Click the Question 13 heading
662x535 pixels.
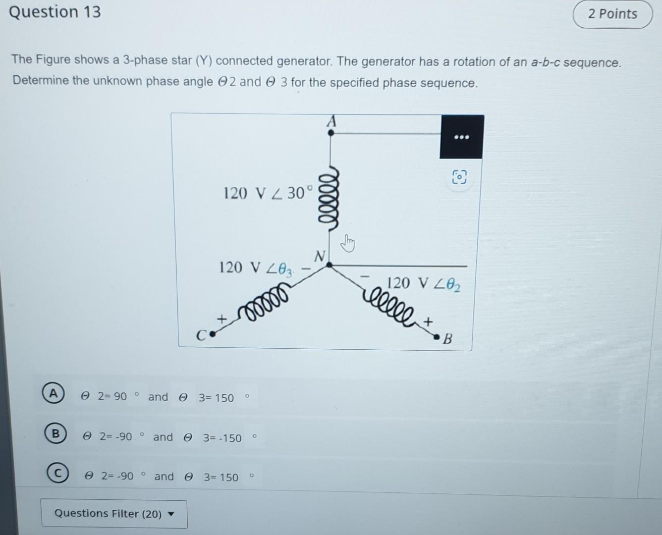pos(55,11)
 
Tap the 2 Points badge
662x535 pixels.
pos(612,14)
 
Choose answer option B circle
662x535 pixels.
pos(55,434)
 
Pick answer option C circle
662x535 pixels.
pos(57,474)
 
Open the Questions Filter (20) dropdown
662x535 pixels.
pos(114,513)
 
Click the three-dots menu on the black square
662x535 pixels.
pos(461,137)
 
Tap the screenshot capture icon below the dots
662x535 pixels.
pos(459,177)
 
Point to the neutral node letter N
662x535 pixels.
pos(320,256)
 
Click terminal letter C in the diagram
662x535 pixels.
pos(201,336)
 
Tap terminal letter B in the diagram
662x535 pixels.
pos(447,339)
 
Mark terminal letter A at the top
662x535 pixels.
pos(331,120)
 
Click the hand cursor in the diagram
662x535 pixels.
pos(349,243)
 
